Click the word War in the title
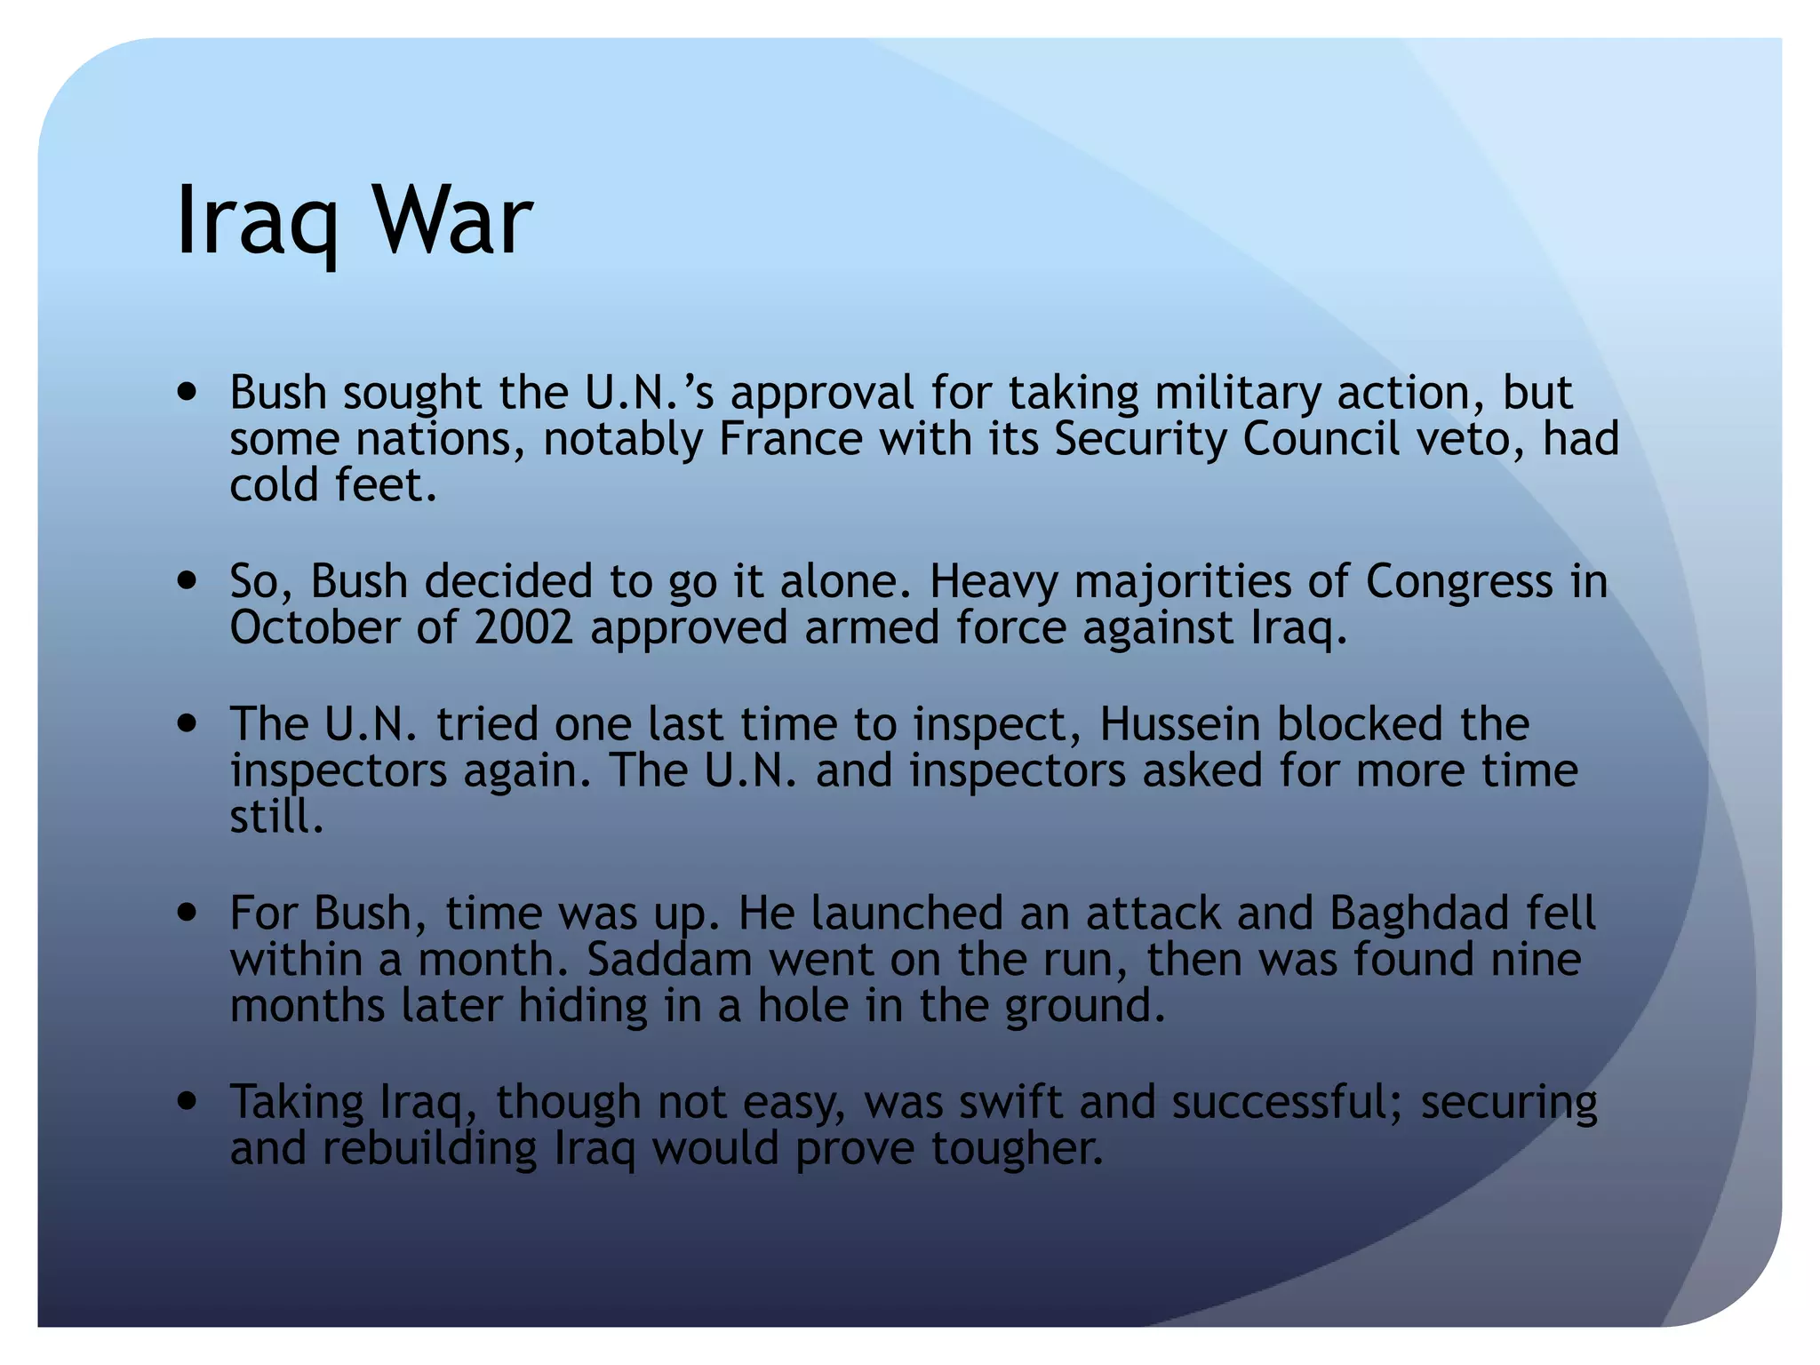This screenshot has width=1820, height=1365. (x=452, y=220)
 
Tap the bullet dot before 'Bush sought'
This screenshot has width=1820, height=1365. (x=187, y=392)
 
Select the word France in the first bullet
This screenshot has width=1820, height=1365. (x=790, y=438)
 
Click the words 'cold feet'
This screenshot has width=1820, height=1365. (x=333, y=485)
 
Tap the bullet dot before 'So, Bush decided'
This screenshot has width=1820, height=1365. (x=187, y=581)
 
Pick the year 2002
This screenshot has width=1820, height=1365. (x=523, y=628)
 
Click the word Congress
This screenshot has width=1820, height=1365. (x=1458, y=582)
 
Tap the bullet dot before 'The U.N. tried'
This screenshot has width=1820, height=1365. (x=187, y=723)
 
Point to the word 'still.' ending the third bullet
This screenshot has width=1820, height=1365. (x=276, y=816)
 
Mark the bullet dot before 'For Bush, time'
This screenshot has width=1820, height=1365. (x=187, y=913)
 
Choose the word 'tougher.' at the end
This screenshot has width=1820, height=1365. (x=1017, y=1148)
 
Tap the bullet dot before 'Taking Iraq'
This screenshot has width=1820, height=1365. (x=187, y=1102)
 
